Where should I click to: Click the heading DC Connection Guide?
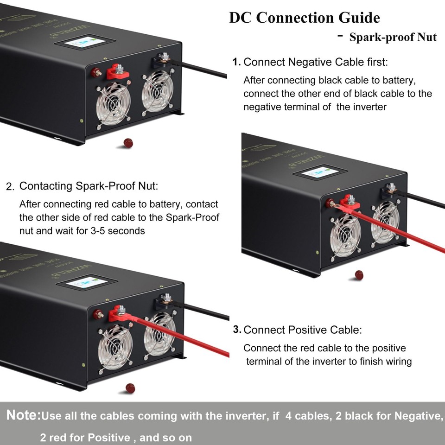pyautogui.click(x=305, y=18)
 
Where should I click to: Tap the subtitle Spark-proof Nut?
pyautogui.click(x=393, y=38)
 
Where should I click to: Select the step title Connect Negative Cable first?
pyautogui.click(x=315, y=62)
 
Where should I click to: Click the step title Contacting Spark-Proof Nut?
pyautogui.click(x=88, y=186)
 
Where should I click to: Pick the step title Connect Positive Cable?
pyautogui.click(x=302, y=330)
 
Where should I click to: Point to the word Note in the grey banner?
pyautogui.click(x=23, y=415)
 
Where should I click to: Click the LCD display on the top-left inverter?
pyautogui.click(x=84, y=44)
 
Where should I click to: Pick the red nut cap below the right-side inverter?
pyautogui.click(x=359, y=275)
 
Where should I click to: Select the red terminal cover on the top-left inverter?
pyautogui.click(x=116, y=72)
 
